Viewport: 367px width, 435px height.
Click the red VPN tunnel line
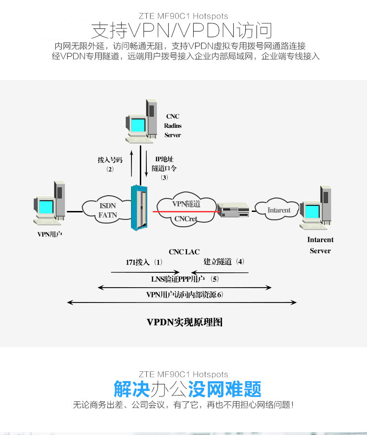186,211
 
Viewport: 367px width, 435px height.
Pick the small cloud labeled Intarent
279,210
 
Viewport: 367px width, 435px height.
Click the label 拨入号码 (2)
110,164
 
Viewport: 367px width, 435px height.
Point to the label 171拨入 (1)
144,262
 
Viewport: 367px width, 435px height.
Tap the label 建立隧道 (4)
223,262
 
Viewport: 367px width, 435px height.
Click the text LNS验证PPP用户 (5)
185,279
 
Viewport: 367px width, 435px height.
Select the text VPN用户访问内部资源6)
184,295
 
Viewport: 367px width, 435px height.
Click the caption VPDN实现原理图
184,322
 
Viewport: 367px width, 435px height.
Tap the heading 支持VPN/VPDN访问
182,31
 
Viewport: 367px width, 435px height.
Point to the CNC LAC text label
184,252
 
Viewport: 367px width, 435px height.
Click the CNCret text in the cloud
186,219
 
